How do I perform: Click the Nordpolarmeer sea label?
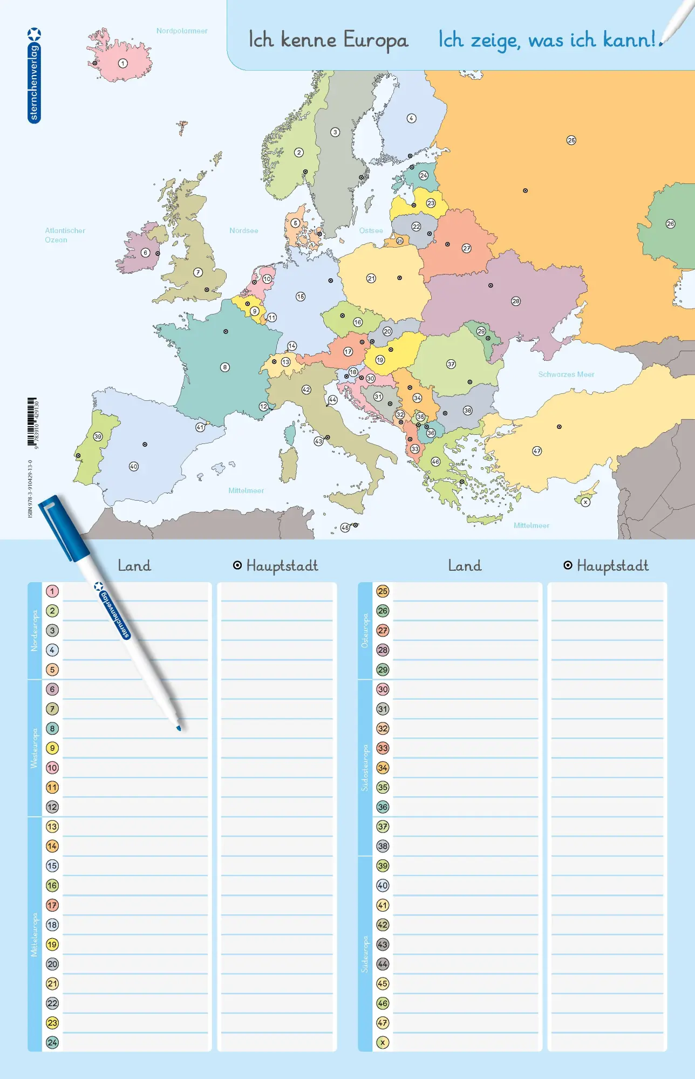[x=182, y=31]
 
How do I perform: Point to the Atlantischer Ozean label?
[x=65, y=235]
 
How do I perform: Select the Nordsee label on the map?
[x=243, y=230]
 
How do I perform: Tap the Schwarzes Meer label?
[x=566, y=374]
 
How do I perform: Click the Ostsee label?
[x=371, y=230]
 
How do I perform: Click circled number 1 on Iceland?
[x=123, y=64]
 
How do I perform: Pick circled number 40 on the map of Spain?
[x=134, y=467]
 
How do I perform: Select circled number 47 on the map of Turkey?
[x=537, y=451]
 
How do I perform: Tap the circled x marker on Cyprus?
[x=585, y=502]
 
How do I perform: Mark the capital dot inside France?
[x=226, y=332]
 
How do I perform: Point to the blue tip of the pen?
[x=179, y=728]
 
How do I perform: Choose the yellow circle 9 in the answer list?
[x=52, y=748]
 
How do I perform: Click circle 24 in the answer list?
[x=52, y=1042]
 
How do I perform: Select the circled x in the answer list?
[x=383, y=1042]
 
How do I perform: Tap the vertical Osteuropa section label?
[x=365, y=630]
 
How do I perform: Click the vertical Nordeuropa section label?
[x=35, y=630]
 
